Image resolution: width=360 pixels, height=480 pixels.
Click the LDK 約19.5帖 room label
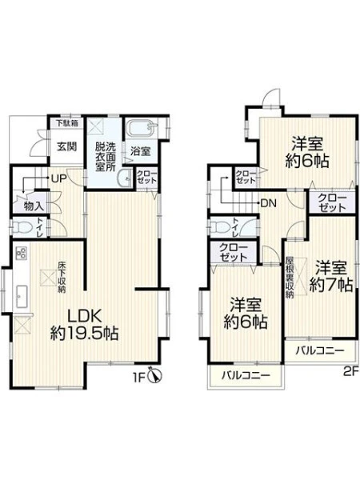tap(85, 325)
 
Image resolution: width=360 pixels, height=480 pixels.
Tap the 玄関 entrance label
tap(66, 146)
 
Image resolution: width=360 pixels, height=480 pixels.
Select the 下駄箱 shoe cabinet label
tap(67, 123)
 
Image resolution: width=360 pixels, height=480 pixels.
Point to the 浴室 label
tap(141, 151)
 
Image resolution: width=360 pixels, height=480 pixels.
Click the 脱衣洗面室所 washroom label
tap(106, 157)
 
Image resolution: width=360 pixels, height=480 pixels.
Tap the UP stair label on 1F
tap(58, 178)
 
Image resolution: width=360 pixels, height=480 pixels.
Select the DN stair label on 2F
tap(269, 203)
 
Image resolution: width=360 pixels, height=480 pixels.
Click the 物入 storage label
tap(34, 206)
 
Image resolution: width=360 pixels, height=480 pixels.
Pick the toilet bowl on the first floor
tap(22, 228)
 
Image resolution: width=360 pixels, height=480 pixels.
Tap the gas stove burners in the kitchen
tap(22, 253)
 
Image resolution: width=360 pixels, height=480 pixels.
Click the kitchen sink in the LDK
tap(22, 296)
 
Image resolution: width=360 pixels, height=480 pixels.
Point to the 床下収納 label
tap(62, 278)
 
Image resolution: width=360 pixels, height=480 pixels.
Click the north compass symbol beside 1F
tap(155, 375)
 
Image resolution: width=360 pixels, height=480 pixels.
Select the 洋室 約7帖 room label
tap(331, 276)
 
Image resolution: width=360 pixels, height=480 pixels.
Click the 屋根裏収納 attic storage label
tap(290, 278)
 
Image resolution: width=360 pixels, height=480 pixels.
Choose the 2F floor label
tap(351, 372)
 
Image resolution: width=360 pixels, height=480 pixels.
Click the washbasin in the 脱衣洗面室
tap(125, 178)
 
